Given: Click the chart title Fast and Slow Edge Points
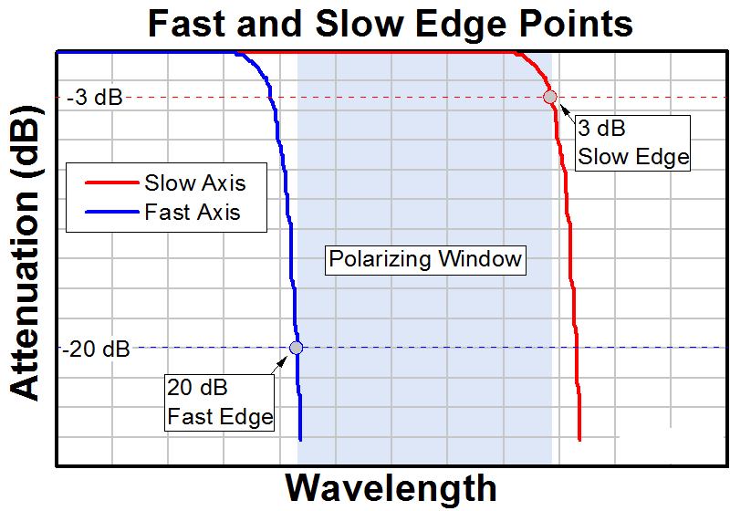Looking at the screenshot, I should click(x=391, y=23).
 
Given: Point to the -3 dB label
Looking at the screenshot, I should click(x=93, y=98).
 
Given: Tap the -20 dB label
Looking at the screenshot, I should click(x=98, y=349).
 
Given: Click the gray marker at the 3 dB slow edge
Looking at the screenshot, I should click(x=549, y=97).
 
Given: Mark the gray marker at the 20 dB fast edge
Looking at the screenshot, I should click(x=296, y=347).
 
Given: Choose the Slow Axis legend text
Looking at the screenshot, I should click(x=194, y=182).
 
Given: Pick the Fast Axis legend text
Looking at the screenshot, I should click(x=192, y=213).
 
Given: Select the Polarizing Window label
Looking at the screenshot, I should click(x=424, y=259).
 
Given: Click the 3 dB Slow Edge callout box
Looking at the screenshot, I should click(x=632, y=142).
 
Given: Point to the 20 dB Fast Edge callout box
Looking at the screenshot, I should click(x=220, y=402).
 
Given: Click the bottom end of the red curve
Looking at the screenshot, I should click(x=579, y=440).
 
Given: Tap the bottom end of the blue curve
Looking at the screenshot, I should click(x=300, y=440).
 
